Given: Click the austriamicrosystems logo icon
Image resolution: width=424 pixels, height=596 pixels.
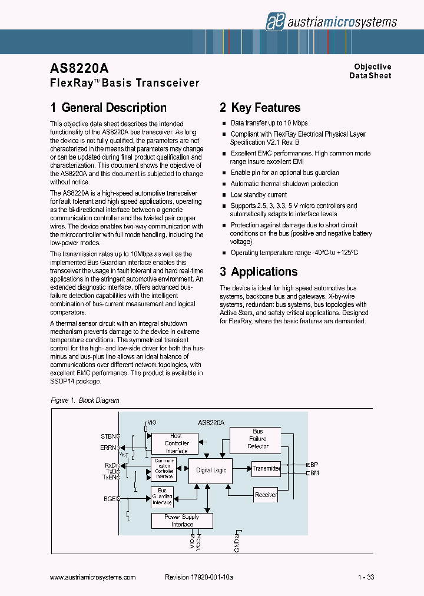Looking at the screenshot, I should click(x=274, y=21).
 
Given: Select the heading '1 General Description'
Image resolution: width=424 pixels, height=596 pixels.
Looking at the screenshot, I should click(x=108, y=108).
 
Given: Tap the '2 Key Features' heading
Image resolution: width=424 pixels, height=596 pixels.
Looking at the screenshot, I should click(x=260, y=108).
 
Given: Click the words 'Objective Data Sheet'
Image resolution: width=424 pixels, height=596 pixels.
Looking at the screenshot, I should click(x=372, y=71).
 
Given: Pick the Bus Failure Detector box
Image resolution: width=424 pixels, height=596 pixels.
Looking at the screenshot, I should click(x=258, y=439).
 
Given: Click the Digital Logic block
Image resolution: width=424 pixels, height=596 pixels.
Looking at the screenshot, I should click(x=211, y=470).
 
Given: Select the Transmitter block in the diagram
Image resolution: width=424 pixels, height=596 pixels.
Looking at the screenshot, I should click(x=266, y=469).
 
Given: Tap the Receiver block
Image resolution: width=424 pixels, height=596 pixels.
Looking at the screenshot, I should click(x=266, y=495).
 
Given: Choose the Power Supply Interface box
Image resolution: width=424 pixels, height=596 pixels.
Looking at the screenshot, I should click(x=182, y=521).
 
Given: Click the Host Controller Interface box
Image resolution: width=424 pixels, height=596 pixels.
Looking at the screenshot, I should click(x=176, y=443).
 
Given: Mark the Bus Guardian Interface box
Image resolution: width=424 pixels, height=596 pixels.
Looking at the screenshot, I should click(x=162, y=496).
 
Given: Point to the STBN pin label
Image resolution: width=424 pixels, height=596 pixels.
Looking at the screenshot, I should click(x=108, y=436).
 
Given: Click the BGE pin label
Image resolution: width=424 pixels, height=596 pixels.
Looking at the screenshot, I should click(x=110, y=499).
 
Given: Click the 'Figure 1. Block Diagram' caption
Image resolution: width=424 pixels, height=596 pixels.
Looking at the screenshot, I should click(x=85, y=400).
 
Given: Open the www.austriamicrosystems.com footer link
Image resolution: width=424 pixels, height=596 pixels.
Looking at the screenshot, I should click(x=93, y=578).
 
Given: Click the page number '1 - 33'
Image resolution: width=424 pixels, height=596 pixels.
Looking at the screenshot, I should click(x=366, y=578).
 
